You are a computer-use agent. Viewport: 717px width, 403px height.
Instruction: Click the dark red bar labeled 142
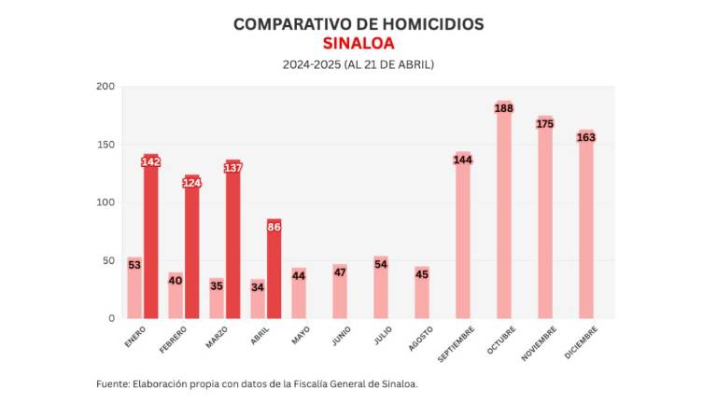click(x=151, y=238)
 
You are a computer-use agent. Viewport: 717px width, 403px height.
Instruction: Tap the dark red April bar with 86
click(x=274, y=271)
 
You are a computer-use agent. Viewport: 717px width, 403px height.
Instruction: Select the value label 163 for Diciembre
click(x=586, y=137)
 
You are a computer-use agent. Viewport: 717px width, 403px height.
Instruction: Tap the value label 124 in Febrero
click(x=192, y=182)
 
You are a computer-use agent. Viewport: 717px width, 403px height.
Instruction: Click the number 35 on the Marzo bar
click(x=217, y=286)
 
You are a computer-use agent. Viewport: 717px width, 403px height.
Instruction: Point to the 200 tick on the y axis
click(x=105, y=87)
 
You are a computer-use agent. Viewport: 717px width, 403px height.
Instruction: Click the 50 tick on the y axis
click(x=108, y=260)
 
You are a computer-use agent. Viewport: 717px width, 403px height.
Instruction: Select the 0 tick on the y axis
click(x=111, y=318)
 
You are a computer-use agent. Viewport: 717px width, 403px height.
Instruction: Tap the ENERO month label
click(x=135, y=337)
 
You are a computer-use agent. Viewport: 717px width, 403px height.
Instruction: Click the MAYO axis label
click(x=301, y=335)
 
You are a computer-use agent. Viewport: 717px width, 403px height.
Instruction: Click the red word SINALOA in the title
click(x=358, y=43)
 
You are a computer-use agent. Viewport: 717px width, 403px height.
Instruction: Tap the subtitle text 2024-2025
click(x=311, y=64)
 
